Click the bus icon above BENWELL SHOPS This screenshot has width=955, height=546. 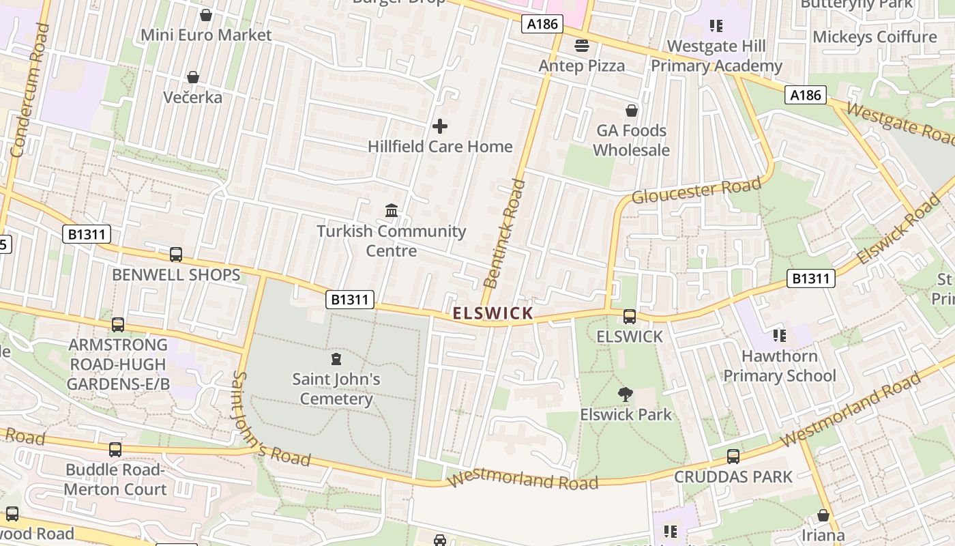pyautogui.click(x=176, y=255)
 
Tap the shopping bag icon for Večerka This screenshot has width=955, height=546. pyautogui.click(x=193, y=77)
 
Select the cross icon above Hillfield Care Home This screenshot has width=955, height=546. pyautogui.click(x=440, y=126)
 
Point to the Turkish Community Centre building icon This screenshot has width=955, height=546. pyautogui.click(x=392, y=211)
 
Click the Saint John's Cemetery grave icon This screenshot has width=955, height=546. pyautogui.click(x=336, y=359)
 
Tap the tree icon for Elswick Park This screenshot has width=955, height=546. pyautogui.click(x=625, y=394)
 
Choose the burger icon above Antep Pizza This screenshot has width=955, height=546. pyautogui.click(x=582, y=46)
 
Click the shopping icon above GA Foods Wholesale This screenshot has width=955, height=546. pyautogui.click(x=632, y=110)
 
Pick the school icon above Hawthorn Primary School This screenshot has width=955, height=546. pyautogui.click(x=780, y=335)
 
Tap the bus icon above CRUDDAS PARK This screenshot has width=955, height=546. pyautogui.click(x=733, y=456)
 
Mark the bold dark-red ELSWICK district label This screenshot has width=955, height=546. pyautogui.click(x=493, y=313)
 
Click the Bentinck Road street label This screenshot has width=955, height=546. pyautogui.click(x=505, y=233)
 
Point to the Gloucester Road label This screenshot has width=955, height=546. pyautogui.click(x=696, y=190)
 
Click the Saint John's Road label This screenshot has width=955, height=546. pyautogui.click(x=271, y=419)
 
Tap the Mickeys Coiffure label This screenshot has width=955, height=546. pyautogui.click(x=875, y=36)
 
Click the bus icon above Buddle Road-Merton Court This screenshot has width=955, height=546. pyautogui.click(x=115, y=450)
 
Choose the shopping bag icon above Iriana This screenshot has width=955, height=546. pyautogui.click(x=823, y=515)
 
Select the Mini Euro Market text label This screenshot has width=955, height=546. pyautogui.click(x=206, y=35)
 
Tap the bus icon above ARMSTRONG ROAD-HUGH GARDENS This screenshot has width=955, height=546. pyautogui.click(x=118, y=324)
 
